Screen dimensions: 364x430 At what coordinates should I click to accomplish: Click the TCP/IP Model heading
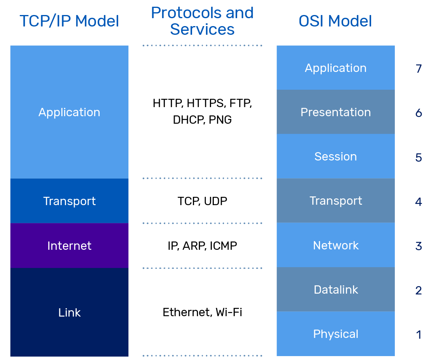[x=69, y=21]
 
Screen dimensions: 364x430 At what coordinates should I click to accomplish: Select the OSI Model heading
[x=335, y=21]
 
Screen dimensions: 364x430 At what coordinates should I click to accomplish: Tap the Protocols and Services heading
[x=202, y=21]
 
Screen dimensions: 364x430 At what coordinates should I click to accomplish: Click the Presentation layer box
[x=336, y=112]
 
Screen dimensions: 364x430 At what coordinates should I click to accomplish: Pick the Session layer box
[x=336, y=157]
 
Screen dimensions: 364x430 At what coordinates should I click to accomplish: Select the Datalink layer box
[x=336, y=290]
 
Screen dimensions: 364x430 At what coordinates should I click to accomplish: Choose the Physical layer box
[x=336, y=334]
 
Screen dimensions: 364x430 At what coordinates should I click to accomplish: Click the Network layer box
[x=336, y=245]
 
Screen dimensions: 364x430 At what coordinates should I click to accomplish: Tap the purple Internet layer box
[x=69, y=245]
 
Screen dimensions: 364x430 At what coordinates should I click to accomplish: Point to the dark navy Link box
[x=69, y=312]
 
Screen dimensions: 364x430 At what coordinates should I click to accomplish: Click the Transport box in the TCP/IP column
[x=69, y=201]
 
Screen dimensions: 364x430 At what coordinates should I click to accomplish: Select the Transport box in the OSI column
[x=336, y=201]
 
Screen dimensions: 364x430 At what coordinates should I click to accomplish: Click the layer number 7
[x=419, y=69]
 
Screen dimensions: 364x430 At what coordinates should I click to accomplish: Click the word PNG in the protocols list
[x=220, y=120]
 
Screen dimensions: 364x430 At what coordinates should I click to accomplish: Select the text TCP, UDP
[x=202, y=201]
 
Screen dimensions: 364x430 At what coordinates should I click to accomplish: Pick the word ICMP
[x=223, y=246]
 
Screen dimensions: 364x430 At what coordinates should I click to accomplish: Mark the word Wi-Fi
[x=229, y=312]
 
